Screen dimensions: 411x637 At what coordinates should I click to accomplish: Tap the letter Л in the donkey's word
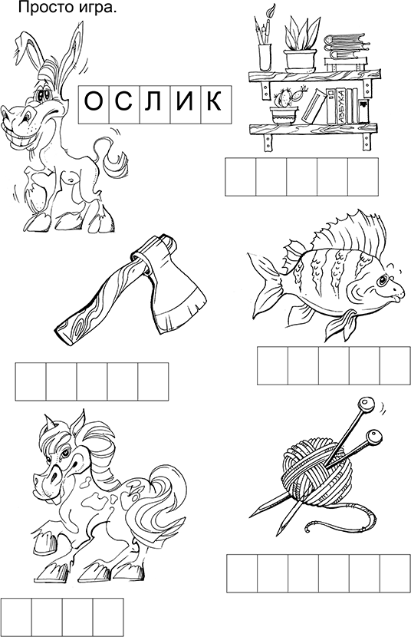pyautogui.click(x=154, y=101)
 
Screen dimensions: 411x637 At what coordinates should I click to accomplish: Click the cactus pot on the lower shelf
pyautogui.click(x=284, y=115)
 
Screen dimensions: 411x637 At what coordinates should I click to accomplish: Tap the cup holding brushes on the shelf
pyautogui.click(x=265, y=58)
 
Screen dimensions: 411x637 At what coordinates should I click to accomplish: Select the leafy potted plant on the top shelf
pyautogui.click(x=301, y=44)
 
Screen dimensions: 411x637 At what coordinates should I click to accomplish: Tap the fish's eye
pyautogui.click(x=383, y=280)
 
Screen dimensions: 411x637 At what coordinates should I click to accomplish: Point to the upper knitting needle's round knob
pyautogui.click(x=365, y=404)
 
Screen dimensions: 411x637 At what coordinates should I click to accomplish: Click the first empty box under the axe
pyautogui.click(x=31, y=381)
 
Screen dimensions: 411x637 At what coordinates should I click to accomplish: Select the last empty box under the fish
pyautogui.click(x=395, y=365)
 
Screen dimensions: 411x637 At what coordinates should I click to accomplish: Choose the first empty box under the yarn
pyautogui.click(x=242, y=573)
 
